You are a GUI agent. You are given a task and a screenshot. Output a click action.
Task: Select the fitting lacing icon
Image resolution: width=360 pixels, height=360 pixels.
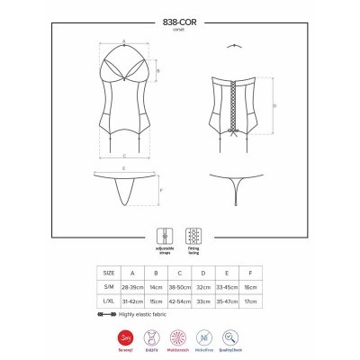point(193,234)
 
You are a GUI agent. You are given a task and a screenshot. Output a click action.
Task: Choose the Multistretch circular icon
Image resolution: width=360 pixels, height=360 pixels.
point(179,337)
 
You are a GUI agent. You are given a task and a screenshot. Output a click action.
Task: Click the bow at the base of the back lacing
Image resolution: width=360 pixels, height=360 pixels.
point(236,140)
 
